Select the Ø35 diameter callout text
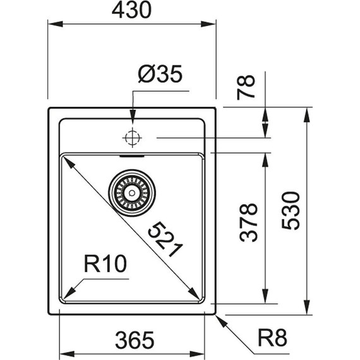click(x=160, y=75)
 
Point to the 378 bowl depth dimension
click(x=251, y=222)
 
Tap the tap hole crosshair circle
click(x=132, y=137)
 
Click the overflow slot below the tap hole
click(x=132, y=152)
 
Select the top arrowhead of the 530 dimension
click(x=308, y=112)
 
